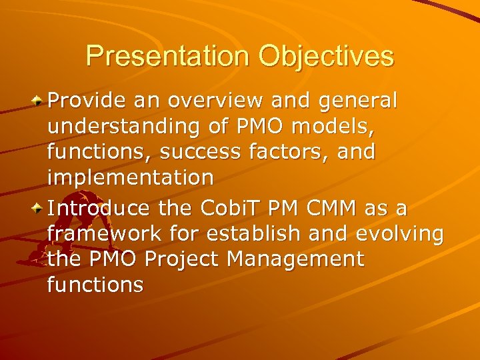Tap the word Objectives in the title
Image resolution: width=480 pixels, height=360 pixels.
[x=327, y=57]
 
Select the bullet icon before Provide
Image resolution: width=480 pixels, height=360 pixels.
[x=39, y=101]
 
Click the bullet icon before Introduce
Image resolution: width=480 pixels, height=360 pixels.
[x=39, y=208]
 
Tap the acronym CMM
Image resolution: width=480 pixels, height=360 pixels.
[x=331, y=208]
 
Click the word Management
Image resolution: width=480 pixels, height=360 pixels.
[x=306, y=260]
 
